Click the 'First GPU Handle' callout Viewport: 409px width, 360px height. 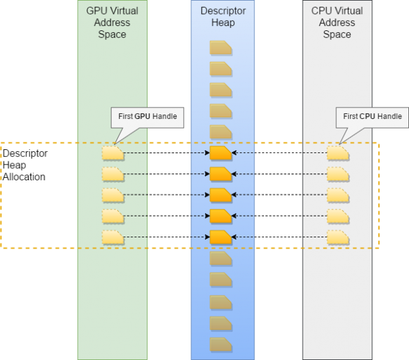pos(147,116)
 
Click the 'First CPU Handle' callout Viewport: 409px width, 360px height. pos(372,116)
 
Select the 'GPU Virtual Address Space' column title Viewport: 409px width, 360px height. pos(112,23)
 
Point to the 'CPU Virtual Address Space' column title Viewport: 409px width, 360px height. pos(337,23)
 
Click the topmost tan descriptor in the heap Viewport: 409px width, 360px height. pos(221,47)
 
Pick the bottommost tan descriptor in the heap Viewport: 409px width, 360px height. pos(221,345)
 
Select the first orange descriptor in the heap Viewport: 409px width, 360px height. pos(221,153)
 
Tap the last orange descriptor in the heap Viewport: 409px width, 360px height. pos(221,237)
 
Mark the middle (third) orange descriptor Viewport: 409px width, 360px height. pos(221,196)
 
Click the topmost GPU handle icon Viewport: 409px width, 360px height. pos(113,153)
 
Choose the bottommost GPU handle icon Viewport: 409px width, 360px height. pos(113,237)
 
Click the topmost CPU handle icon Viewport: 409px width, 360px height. pos(337,153)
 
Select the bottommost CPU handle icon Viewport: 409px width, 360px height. pos(337,237)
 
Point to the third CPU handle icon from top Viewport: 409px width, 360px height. pos(337,196)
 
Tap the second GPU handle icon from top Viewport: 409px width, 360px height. pos(113,174)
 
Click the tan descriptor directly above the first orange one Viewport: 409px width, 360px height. pos(221,132)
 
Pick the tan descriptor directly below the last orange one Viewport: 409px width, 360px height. pos(221,259)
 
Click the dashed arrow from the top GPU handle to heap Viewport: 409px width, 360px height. pos(166,153)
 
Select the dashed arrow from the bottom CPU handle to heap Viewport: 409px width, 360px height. pos(279,237)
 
